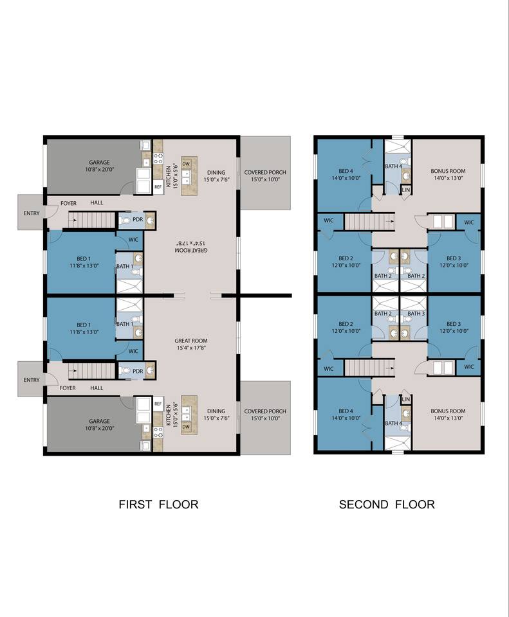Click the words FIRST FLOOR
pyautogui.click(x=158, y=504)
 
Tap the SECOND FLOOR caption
pyautogui.click(x=387, y=504)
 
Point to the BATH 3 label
pyautogui.click(x=416, y=313)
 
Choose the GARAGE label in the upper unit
pyautogui.click(x=99, y=162)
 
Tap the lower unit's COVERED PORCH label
pyautogui.click(x=265, y=411)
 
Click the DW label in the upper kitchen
pyautogui.click(x=187, y=164)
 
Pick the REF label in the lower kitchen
pyautogui.click(x=158, y=404)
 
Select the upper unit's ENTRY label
pyautogui.click(x=32, y=213)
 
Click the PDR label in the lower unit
pyautogui.click(x=138, y=371)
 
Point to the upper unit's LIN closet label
pyautogui.click(x=406, y=190)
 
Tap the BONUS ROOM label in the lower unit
pyautogui.click(x=448, y=411)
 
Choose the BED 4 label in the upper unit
pyautogui.click(x=346, y=171)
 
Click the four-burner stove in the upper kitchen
pyautogui.click(x=158, y=159)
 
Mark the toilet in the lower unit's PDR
pyautogui.click(x=125, y=371)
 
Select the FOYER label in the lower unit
pyautogui.click(x=68, y=388)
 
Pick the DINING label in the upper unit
pyautogui.click(x=216, y=172)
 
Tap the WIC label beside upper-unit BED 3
pyautogui.click(x=469, y=222)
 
